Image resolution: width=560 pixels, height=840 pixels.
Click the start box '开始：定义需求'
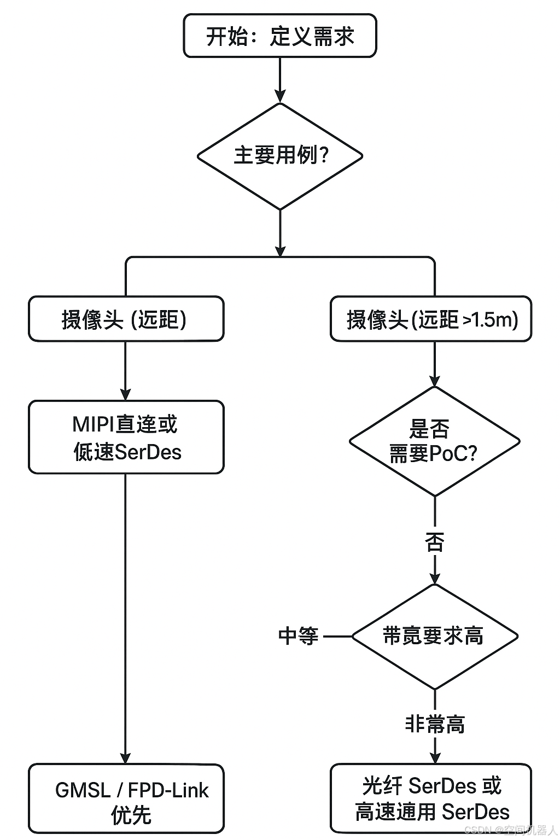coord(280,36)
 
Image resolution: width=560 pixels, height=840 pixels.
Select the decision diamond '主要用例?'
coord(280,156)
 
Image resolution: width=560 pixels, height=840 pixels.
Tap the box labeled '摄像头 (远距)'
coord(126,319)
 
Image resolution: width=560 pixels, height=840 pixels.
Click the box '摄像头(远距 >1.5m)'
coord(431,319)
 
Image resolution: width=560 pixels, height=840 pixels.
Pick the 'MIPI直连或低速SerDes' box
coord(126,437)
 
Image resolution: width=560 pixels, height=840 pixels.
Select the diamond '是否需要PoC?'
coord(434,441)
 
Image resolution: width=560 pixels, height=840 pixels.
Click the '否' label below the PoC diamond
coord(435,543)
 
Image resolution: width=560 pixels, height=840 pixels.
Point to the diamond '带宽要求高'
coord(434,636)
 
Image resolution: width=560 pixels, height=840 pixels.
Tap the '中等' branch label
coord(298,636)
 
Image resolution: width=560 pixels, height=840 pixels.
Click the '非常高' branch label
coord(435,724)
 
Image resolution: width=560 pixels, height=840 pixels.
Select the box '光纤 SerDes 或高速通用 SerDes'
coord(431,799)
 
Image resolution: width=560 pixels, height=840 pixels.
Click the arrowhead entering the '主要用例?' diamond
coord(280,97)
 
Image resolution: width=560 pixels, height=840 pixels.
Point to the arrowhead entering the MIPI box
coord(126,394)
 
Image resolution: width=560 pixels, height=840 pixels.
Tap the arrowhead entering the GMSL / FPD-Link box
coord(126,758)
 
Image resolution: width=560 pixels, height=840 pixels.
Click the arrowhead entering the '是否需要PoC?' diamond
coord(435,381)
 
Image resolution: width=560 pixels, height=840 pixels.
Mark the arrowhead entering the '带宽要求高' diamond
coord(435,578)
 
